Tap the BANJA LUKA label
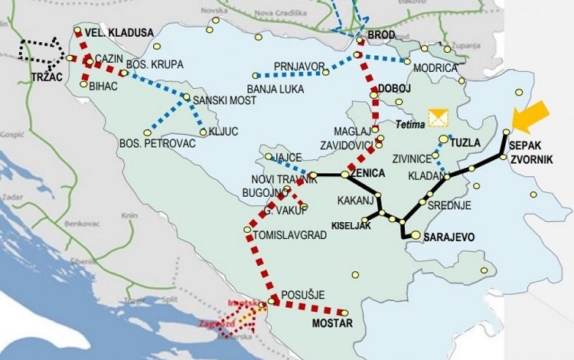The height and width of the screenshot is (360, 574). coord(273,88)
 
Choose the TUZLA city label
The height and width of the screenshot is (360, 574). coord(466,142)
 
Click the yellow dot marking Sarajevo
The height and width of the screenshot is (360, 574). coord(415,236)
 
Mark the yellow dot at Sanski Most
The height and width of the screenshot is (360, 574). coord(186,97)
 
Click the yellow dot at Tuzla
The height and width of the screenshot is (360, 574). coord(443,139)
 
